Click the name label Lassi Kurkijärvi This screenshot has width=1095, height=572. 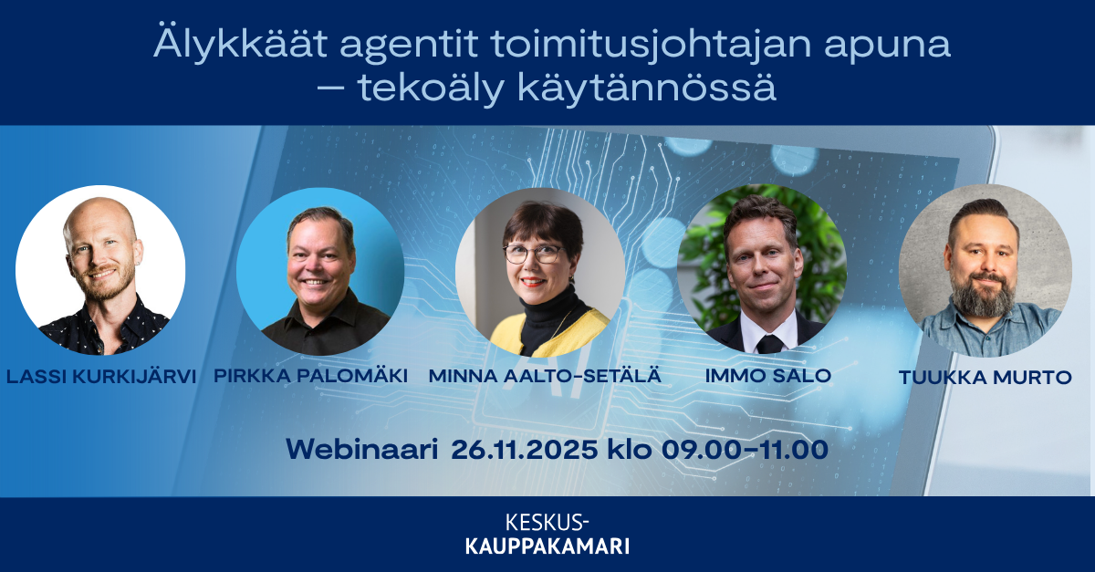tap(100, 376)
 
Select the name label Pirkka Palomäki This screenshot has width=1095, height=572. tap(310, 376)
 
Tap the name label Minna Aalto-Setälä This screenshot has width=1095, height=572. tap(545, 376)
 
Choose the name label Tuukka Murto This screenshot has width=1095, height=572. tap(985, 378)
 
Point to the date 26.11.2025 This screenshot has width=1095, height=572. tap(525, 449)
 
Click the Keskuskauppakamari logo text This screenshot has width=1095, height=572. tap(547, 535)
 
